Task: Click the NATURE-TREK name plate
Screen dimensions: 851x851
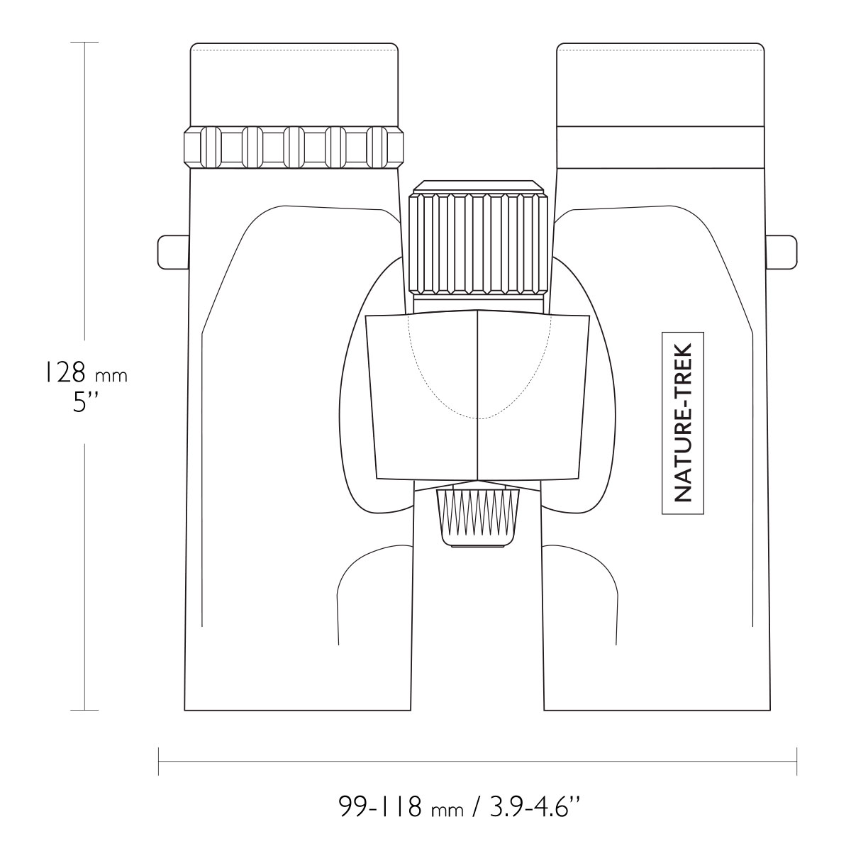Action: (682, 423)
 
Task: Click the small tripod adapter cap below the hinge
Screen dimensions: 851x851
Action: (477, 518)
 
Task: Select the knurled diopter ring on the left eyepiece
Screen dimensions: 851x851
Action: (293, 147)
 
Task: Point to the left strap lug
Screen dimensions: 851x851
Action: (174, 252)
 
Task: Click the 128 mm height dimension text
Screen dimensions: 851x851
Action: (85, 374)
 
